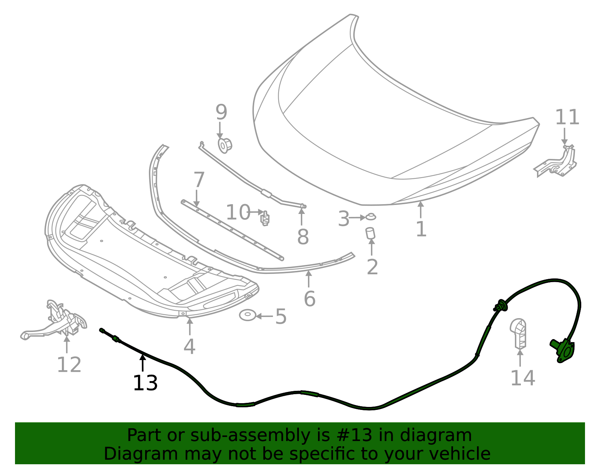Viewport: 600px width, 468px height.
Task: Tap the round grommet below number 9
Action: tap(225, 145)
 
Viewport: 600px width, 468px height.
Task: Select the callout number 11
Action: tap(567, 117)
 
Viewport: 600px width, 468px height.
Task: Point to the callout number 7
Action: tap(199, 180)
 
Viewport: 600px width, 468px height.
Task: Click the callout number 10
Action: tap(238, 212)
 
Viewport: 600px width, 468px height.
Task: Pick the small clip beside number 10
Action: tap(265, 218)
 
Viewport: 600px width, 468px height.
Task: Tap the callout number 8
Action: tap(303, 237)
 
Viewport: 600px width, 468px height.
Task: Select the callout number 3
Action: tap(343, 219)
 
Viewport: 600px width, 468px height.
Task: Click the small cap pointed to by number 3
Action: tap(371, 217)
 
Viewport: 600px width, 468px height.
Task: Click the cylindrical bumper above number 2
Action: tap(370, 233)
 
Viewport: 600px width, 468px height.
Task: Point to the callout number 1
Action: tap(421, 229)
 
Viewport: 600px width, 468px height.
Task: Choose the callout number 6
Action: tap(309, 299)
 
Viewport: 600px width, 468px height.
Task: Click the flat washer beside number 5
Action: tap(247, 315)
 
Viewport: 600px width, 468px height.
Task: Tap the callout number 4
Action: tap(189, 346)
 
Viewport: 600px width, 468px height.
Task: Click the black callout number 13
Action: tap(145, 383)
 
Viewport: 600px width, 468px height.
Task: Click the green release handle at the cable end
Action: tap(562, 349)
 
